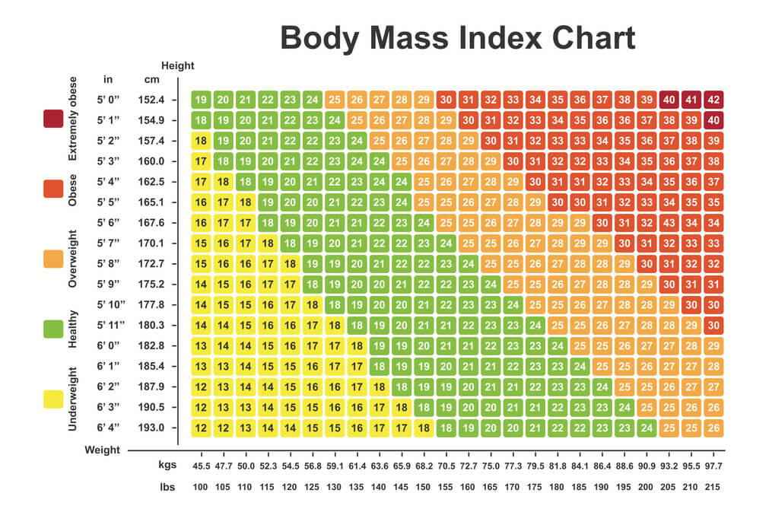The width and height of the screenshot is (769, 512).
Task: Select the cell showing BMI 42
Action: pos(713,100)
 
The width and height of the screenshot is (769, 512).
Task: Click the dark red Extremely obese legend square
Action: pos(53,119)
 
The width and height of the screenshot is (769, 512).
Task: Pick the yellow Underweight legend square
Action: pos(53,398)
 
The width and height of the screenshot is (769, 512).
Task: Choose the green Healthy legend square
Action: pos(53,329)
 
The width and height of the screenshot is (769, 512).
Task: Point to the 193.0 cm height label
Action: pos(151,428)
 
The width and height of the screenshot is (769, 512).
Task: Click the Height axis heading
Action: pos(177,66)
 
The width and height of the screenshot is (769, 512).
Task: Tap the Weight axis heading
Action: pos(102,450)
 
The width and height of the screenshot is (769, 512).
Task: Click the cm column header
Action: pos(151,79)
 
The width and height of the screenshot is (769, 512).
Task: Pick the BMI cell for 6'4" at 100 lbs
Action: pos(201,428)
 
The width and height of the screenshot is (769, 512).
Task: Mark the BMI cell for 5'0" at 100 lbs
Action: pos(201,100)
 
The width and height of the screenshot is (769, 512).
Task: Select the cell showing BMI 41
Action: pos(691,100)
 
